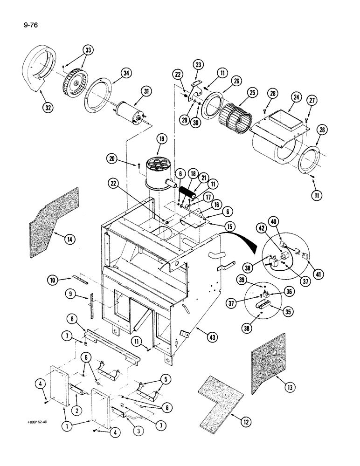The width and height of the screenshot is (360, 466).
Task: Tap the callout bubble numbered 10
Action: point(52,281)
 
